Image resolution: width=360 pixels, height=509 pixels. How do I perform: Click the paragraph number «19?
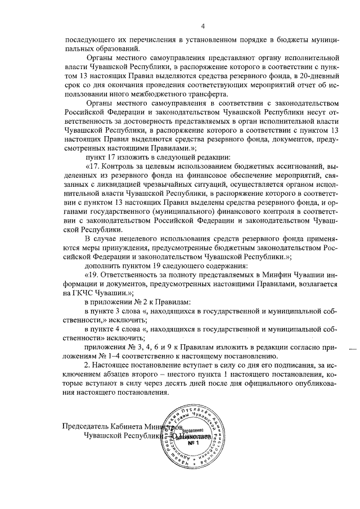92,274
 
